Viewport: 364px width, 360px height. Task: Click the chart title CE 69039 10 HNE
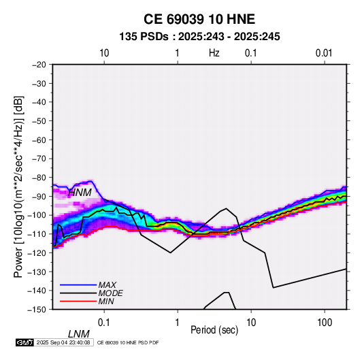point(199,19)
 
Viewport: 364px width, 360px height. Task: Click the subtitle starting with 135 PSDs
point(199,37)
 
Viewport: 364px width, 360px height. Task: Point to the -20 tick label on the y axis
point(39,65)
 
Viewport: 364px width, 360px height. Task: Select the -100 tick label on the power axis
point(37,215)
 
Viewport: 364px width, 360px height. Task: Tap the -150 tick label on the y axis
point(37,310)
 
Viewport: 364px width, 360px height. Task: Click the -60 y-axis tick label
point(39,140)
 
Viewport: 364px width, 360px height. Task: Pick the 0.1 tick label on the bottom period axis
point(104,323)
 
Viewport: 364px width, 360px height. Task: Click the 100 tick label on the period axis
point(325,323)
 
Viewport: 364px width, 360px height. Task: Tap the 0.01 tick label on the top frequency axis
point(324,53)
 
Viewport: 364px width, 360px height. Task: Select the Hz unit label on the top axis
point(214,53)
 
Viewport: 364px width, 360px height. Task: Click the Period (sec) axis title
point(214,330)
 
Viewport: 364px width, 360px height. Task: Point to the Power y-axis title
point(18,186)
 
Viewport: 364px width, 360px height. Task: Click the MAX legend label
point(107,285)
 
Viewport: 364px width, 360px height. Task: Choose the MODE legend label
point(110,293)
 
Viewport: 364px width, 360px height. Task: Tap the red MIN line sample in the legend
point(78,301)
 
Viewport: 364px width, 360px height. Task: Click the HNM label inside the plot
point(80,193)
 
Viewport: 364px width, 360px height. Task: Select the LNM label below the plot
point(78,334)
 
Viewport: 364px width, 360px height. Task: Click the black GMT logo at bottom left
point(24,342)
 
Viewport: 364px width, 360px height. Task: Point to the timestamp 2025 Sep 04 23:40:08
point(63,342)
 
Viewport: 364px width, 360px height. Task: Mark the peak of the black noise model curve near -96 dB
point(227,208)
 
